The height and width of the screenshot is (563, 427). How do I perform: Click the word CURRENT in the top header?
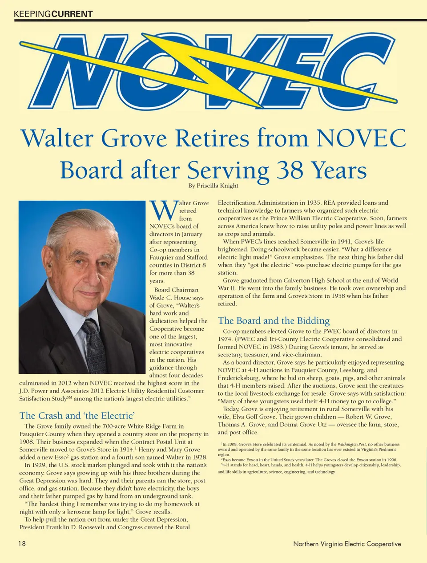click(x=72, y=14)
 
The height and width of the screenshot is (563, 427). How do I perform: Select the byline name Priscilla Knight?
click(x=218, y=186)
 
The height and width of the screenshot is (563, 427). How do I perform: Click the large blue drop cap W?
click(x=163, y=211)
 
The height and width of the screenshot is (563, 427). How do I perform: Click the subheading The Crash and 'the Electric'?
click(x=77, y=416)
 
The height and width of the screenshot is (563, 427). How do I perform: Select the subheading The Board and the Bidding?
click(x=274, y=321)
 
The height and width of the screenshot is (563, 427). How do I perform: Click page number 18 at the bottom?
click(x=22, y=543)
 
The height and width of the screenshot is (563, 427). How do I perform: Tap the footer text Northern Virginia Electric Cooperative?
click(x=347, y=544)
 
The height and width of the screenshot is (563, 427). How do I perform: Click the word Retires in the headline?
click(x=212, y=138)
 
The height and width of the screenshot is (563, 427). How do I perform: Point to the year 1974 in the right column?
click(x=226, y=339)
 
